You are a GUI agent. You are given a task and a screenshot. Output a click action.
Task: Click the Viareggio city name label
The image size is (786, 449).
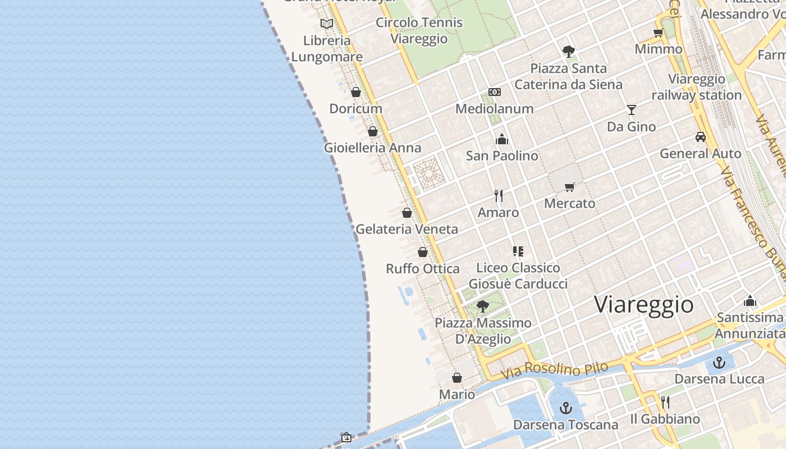coord(644,305)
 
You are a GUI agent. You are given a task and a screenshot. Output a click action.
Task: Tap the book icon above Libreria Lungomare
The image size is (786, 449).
coord(327,24)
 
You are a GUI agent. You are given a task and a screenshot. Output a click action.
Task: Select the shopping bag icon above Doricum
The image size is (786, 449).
coord(356,92)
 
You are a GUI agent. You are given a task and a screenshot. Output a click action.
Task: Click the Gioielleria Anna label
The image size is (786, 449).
coord(372,148)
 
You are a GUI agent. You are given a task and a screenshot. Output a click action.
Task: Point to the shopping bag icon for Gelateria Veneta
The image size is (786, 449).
coord(407,213)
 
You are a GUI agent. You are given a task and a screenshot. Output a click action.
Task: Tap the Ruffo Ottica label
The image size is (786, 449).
coord(423,269)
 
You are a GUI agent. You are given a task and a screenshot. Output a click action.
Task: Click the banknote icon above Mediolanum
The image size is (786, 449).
coord(495,92)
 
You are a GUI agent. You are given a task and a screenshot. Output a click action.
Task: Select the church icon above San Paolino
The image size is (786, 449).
coord(502,139)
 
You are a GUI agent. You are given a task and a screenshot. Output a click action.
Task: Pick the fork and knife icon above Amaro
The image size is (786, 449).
coord(498,195)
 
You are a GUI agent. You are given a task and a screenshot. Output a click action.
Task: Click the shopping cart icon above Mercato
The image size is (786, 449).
coord(570,187)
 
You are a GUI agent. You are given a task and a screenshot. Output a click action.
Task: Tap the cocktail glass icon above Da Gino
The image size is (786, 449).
coord(632,110)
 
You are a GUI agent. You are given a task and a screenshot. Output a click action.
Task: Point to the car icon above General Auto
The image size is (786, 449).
coord(701,137)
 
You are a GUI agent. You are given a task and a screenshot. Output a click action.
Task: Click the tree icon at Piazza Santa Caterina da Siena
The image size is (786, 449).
coord(569,52)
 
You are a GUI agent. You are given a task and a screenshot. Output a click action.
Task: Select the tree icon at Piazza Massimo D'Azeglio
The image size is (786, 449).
coord(482,306)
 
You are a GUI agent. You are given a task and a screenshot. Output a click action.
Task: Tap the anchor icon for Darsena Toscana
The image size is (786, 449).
coord(566,408)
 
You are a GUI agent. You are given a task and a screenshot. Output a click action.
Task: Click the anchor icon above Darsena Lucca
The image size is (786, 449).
coord(719,363)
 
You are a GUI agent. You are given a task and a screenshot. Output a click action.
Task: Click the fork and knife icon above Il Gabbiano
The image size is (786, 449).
coord(665,402)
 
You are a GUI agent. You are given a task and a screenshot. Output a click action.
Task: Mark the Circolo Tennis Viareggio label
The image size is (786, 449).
coord(419,30)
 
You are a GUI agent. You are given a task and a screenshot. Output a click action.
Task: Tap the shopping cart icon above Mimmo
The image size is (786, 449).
coord(659,33)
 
